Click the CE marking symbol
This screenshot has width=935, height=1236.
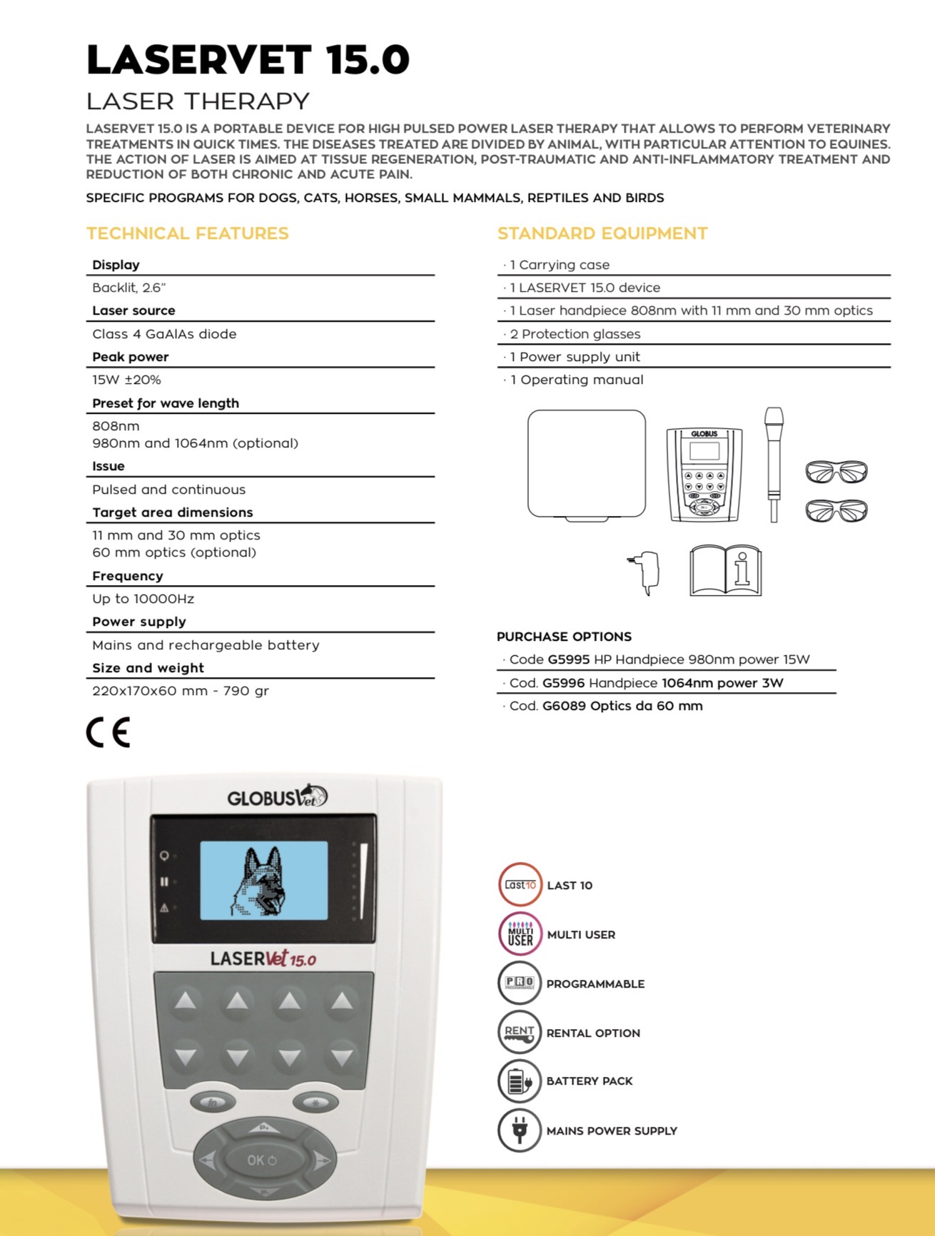[x=108, y=732]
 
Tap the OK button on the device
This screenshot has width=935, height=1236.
[x=262, y=1160]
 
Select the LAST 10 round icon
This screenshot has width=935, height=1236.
[x=520, y=885]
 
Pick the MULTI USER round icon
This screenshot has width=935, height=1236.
[x=520, y=934]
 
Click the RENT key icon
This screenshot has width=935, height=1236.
[x=520, y=1033]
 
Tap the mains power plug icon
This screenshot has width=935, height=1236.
[x=520, y=1130]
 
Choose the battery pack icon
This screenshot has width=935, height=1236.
[x=520, y=1081]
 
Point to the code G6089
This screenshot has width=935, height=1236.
[x=563, y=706]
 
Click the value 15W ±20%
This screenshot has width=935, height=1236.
[x=126, y=380]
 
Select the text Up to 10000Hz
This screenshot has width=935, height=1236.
[x=143, y=599]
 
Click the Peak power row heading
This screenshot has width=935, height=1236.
[x=131, y=357]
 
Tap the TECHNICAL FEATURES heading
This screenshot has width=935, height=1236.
[x=187, y=233]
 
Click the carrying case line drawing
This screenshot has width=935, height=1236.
[x=586, y=465]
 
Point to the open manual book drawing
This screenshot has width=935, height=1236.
[x=725, y=571]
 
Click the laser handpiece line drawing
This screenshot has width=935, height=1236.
[x=774, y=464]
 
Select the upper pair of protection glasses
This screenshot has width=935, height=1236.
[x=836, y=472]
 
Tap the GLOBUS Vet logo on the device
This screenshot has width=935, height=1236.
[x=277, y=796]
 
